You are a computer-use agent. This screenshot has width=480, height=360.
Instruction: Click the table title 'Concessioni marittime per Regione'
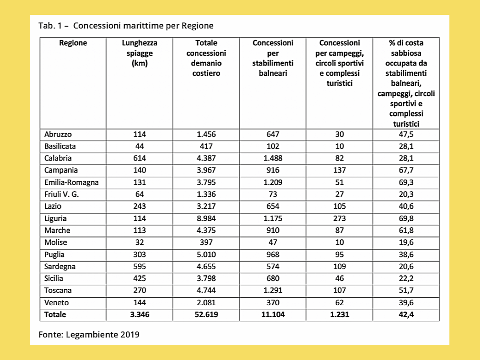(143, 26)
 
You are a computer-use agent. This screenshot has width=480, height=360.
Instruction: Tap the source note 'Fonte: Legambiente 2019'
(89, 334)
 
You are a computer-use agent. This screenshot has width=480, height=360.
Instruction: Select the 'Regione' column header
(73, 43)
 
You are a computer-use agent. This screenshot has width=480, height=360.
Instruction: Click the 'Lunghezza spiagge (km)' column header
(139, 53)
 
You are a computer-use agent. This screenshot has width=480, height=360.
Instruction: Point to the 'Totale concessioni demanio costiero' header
(206, 58)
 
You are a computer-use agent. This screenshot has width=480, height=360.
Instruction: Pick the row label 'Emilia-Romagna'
(71, 182)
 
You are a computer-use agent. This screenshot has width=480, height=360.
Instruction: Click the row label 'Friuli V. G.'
(61, 194)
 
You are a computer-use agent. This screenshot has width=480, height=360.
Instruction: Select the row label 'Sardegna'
(60, 266)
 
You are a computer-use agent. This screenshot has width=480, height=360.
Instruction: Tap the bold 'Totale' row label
(55, 314)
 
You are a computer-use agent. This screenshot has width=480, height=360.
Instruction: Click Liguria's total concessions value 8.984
(206, 218)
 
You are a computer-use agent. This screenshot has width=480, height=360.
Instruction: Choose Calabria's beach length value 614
(139, 158)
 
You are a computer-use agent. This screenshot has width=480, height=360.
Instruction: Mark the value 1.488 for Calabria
(273, 158)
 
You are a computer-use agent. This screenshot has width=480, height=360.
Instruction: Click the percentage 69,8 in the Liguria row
(406, 218)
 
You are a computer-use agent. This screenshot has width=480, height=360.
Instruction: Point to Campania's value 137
(339, 170)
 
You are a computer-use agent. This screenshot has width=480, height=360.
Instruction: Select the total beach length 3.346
(139, 314)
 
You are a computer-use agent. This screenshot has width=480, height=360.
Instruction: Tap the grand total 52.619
(206, 314)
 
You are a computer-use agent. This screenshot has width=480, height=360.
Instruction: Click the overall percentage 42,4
(406, 314)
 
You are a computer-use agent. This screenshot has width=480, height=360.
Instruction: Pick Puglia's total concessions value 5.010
(206, 254)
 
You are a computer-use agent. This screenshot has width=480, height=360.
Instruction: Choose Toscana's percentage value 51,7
(406, 290)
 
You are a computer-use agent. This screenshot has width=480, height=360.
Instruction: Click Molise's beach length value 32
(139, 242)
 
